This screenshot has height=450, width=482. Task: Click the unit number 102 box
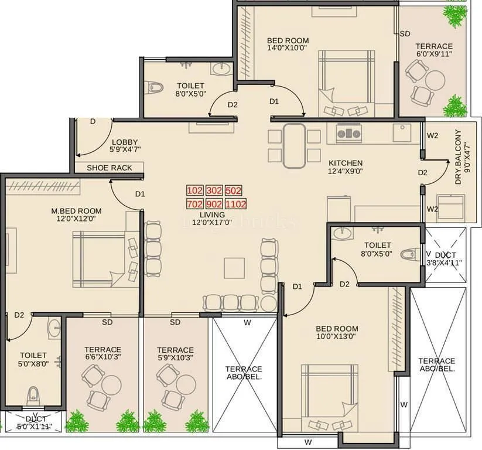click(194, 190)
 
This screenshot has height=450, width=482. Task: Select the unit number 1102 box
click(235, 204)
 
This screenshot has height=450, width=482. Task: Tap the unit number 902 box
click(214, 204)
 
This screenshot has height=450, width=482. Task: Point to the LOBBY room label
click(125, 142)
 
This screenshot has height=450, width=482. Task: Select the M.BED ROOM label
click(76, 211)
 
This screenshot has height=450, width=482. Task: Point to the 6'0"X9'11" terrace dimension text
click(434, 54)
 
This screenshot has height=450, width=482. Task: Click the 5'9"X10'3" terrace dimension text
click(175, 357)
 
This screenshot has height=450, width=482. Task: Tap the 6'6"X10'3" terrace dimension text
click(102, 357)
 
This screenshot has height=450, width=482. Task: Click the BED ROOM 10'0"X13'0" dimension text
click(337, 337)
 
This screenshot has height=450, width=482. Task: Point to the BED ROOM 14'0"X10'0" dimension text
click(288, 49)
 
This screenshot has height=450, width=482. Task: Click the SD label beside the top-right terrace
click(405, 34)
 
